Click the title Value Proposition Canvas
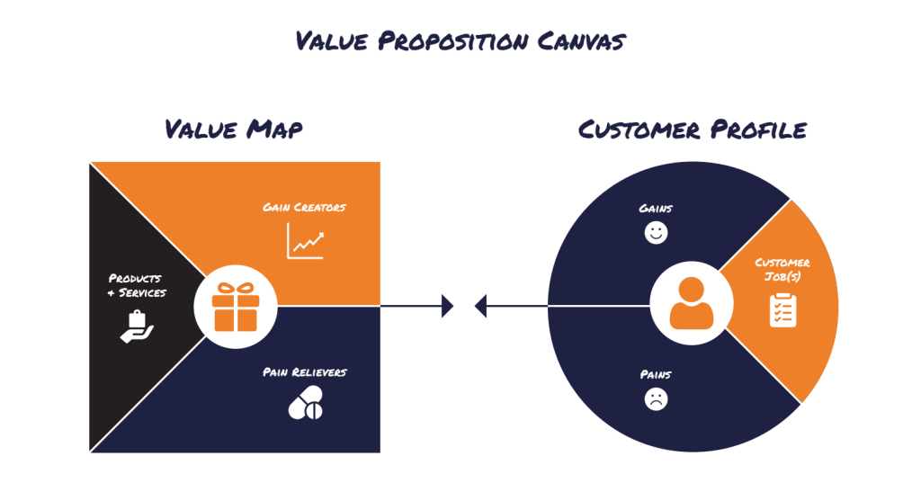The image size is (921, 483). tap(460, 41)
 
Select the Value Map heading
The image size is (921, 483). tap(234, 130)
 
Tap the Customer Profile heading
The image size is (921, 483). tap(692, 130)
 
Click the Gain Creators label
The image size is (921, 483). tap(304, 208)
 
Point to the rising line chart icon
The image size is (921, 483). tap(305, 241)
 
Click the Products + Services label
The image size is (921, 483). tap(137, 285)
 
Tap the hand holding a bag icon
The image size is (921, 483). tap(137, 326)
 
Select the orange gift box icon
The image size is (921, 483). tap(236, 306)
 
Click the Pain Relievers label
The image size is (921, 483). tap(305, 371)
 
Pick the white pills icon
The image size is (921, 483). tap(305, 406)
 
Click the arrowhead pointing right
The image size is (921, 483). tap(448, 307)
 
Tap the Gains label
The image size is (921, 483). tap(656, 209)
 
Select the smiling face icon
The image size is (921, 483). tap(657, 234)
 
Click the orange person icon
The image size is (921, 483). tap(691, 303)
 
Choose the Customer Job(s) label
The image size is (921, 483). tap(782, 269)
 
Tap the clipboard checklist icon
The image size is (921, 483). tap(782, 310)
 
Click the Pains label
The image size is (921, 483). tap(656, 374)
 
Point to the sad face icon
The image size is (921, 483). tap(657, 399)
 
